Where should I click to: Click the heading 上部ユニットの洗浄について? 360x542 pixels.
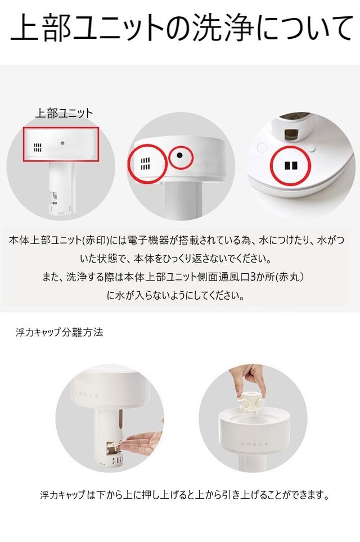point(181,28)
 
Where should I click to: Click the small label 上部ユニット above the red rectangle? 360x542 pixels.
point(64,113)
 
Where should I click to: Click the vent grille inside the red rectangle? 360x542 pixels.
point(38,148)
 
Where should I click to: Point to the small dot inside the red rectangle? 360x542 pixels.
point(62,143)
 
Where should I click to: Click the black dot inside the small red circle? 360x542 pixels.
point(179,155)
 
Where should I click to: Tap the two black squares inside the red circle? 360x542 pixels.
point(291,165)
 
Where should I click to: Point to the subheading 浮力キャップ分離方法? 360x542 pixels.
point(60,332)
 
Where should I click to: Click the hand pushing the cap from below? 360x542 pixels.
point(143,444)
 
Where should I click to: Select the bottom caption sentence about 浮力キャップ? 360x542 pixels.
point(184,495)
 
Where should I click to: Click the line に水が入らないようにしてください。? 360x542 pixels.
point(175,296)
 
